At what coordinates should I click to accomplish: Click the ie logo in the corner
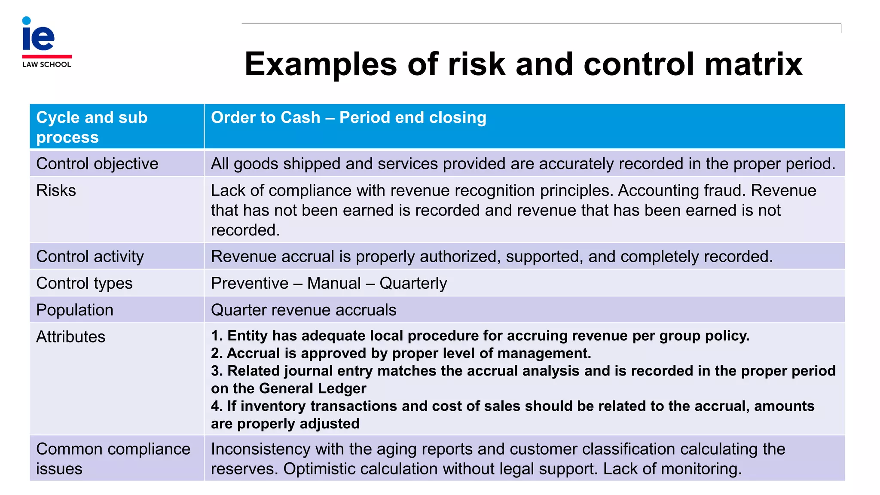39,35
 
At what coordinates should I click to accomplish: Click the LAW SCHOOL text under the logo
46,64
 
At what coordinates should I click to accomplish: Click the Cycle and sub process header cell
92,127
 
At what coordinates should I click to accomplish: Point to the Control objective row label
97,164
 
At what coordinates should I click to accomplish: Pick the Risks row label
56,190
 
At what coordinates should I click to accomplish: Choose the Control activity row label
90,257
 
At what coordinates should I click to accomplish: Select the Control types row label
84,283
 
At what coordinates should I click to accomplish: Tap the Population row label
75,310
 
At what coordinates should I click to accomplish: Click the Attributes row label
70,337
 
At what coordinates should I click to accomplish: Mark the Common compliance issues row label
113,458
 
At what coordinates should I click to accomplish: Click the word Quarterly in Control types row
413,284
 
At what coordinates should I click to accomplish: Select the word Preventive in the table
250,284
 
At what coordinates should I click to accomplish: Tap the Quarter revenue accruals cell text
303,310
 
